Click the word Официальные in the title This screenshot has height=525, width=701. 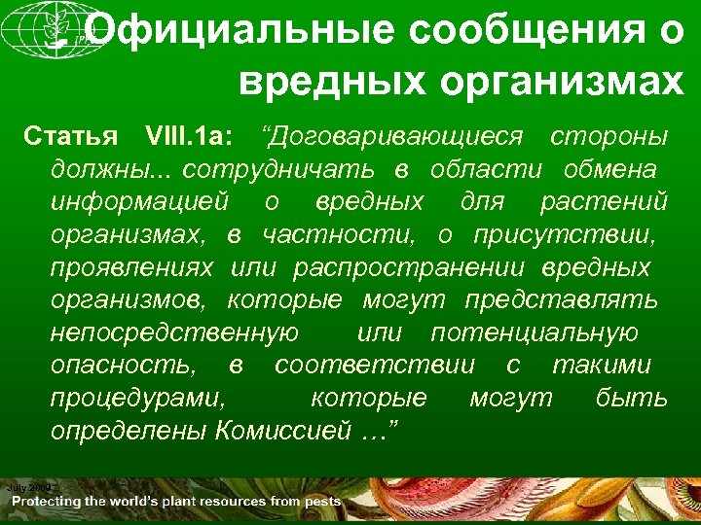(231, 31)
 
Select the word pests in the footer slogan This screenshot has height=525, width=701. (321, 501)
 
